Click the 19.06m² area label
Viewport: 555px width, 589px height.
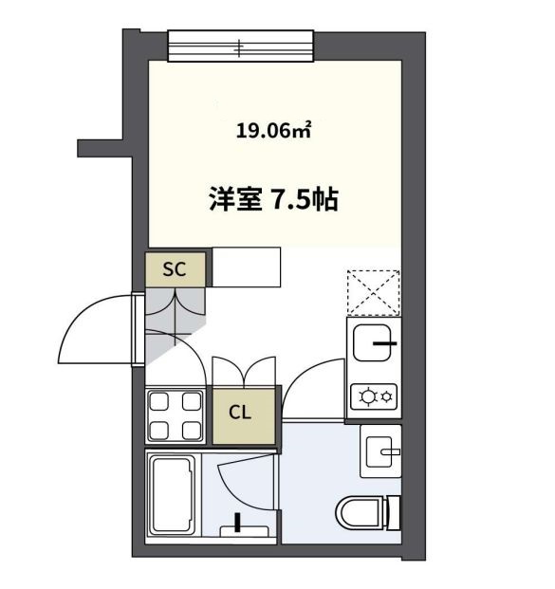274,132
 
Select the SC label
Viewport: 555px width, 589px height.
174,269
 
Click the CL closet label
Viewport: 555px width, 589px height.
240,414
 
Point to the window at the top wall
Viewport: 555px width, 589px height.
240,46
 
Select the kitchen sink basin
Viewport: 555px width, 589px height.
375,342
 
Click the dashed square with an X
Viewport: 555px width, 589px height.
374,292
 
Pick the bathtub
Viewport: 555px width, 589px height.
172,493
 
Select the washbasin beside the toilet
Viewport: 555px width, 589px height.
381,451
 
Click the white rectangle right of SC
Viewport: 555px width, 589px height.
247,267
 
